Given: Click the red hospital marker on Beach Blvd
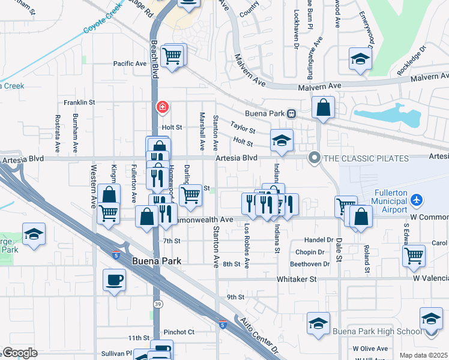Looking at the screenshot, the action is [162, 108].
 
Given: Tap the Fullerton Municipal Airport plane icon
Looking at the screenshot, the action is [418, 200].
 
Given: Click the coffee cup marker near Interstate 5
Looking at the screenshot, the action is [114, 280].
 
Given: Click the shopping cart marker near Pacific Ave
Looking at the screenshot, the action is [173, 56].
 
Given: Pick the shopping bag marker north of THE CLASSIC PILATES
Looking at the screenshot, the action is [323, 108].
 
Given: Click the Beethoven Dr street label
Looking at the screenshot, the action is [310, 264].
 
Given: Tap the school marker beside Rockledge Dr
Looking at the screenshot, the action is [360, 59].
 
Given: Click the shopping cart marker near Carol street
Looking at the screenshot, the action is [414, 255].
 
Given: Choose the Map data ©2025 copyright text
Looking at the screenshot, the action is [423, 355].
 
